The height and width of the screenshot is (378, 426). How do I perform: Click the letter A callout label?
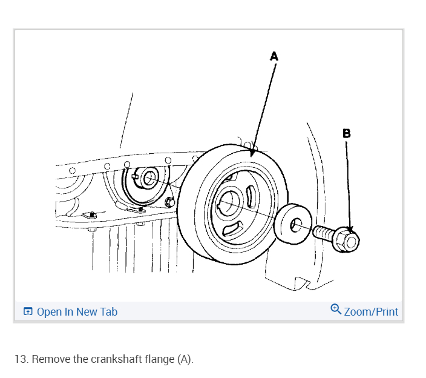274,56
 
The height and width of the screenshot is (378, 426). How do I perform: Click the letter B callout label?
346,133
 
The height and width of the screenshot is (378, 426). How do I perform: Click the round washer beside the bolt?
293,222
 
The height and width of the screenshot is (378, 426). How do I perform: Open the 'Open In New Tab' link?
77,312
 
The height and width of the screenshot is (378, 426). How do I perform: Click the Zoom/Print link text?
371,312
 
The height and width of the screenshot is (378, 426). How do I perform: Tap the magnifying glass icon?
336,310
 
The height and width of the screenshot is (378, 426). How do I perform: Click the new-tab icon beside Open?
28,312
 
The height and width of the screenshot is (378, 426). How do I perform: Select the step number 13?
21,359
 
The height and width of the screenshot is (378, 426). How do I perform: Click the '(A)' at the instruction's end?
185,359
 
